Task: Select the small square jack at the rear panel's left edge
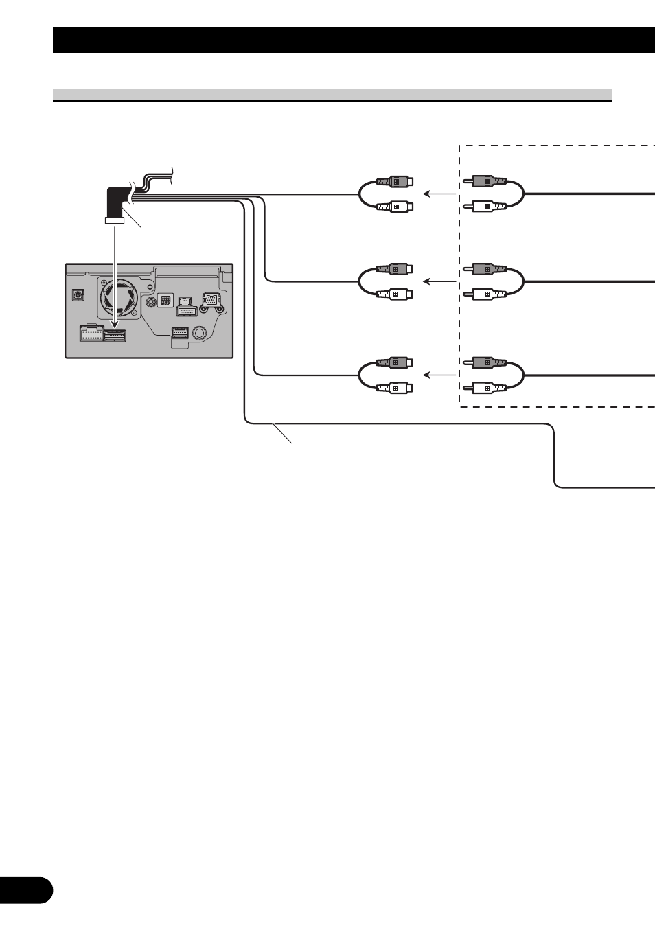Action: [x=78, y=294]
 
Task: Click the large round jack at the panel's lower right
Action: [x=200, y=333]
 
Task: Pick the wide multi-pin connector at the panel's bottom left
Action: [x=91, y=334]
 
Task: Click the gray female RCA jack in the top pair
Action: [x=395, y=182]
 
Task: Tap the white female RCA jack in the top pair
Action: [x=395, y=206]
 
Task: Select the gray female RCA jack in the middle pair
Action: [x=395, y=269]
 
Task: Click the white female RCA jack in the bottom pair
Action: [x=395, y=388]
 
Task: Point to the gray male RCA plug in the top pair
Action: [x=487, y=182]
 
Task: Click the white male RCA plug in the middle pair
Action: [x=487, y=294]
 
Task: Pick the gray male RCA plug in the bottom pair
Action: [x=487, y=362]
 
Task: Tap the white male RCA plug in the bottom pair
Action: [x=487, y=388]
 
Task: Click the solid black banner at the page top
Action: [x=354, y=40]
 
